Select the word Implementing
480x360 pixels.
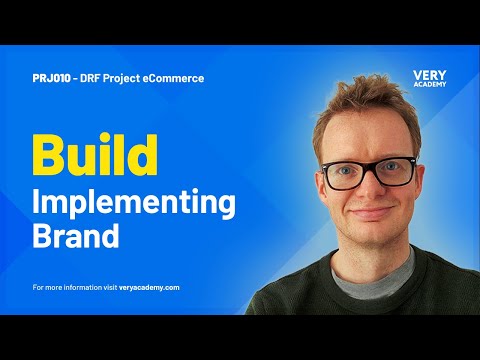tap(135, 202)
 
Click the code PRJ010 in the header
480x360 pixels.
tap(51, 78)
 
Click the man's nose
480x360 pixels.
tap(372, 190)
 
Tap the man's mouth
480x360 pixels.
tap(370, 214)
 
